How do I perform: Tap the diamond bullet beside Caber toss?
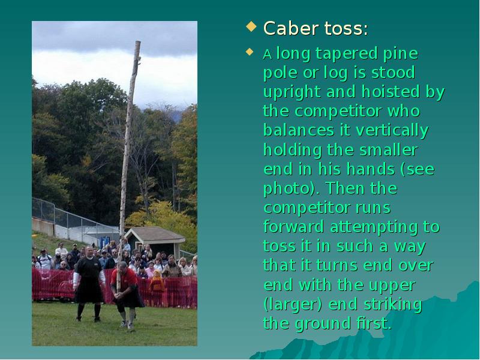[x=251, y=27]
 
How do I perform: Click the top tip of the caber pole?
[x=137, y=43]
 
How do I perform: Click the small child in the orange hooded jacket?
[x=157, y=282]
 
